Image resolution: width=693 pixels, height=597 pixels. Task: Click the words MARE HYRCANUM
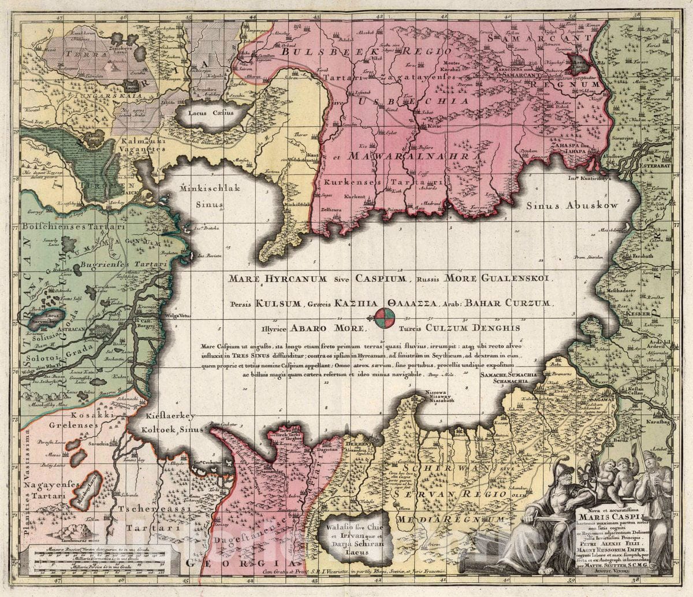[269, 279]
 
